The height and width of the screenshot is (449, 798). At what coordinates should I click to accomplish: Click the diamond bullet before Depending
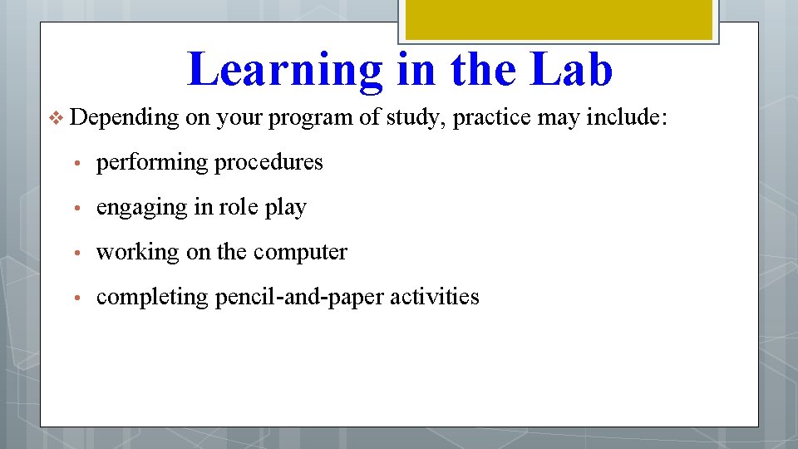(x=57, y=119)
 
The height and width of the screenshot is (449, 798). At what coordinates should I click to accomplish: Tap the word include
(x=626, y=117)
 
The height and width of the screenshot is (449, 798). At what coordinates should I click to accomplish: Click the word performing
(x=152, y=162)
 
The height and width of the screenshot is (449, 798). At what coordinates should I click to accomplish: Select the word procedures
(x=268, y=162)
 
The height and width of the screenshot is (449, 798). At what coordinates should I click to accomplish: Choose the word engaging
(x=142, y=208)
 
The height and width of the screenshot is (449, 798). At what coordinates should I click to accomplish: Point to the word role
(x=237, y=207)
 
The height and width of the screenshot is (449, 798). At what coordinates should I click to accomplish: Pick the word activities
(x=438, y=296)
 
